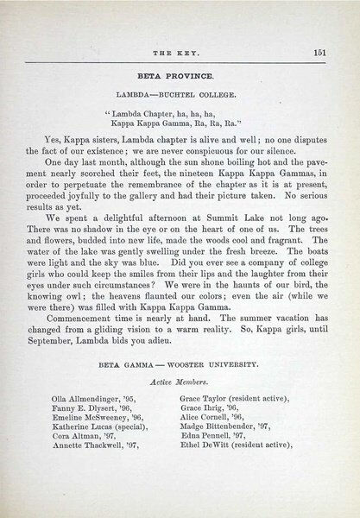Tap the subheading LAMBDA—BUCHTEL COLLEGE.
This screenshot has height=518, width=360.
(180, 90)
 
